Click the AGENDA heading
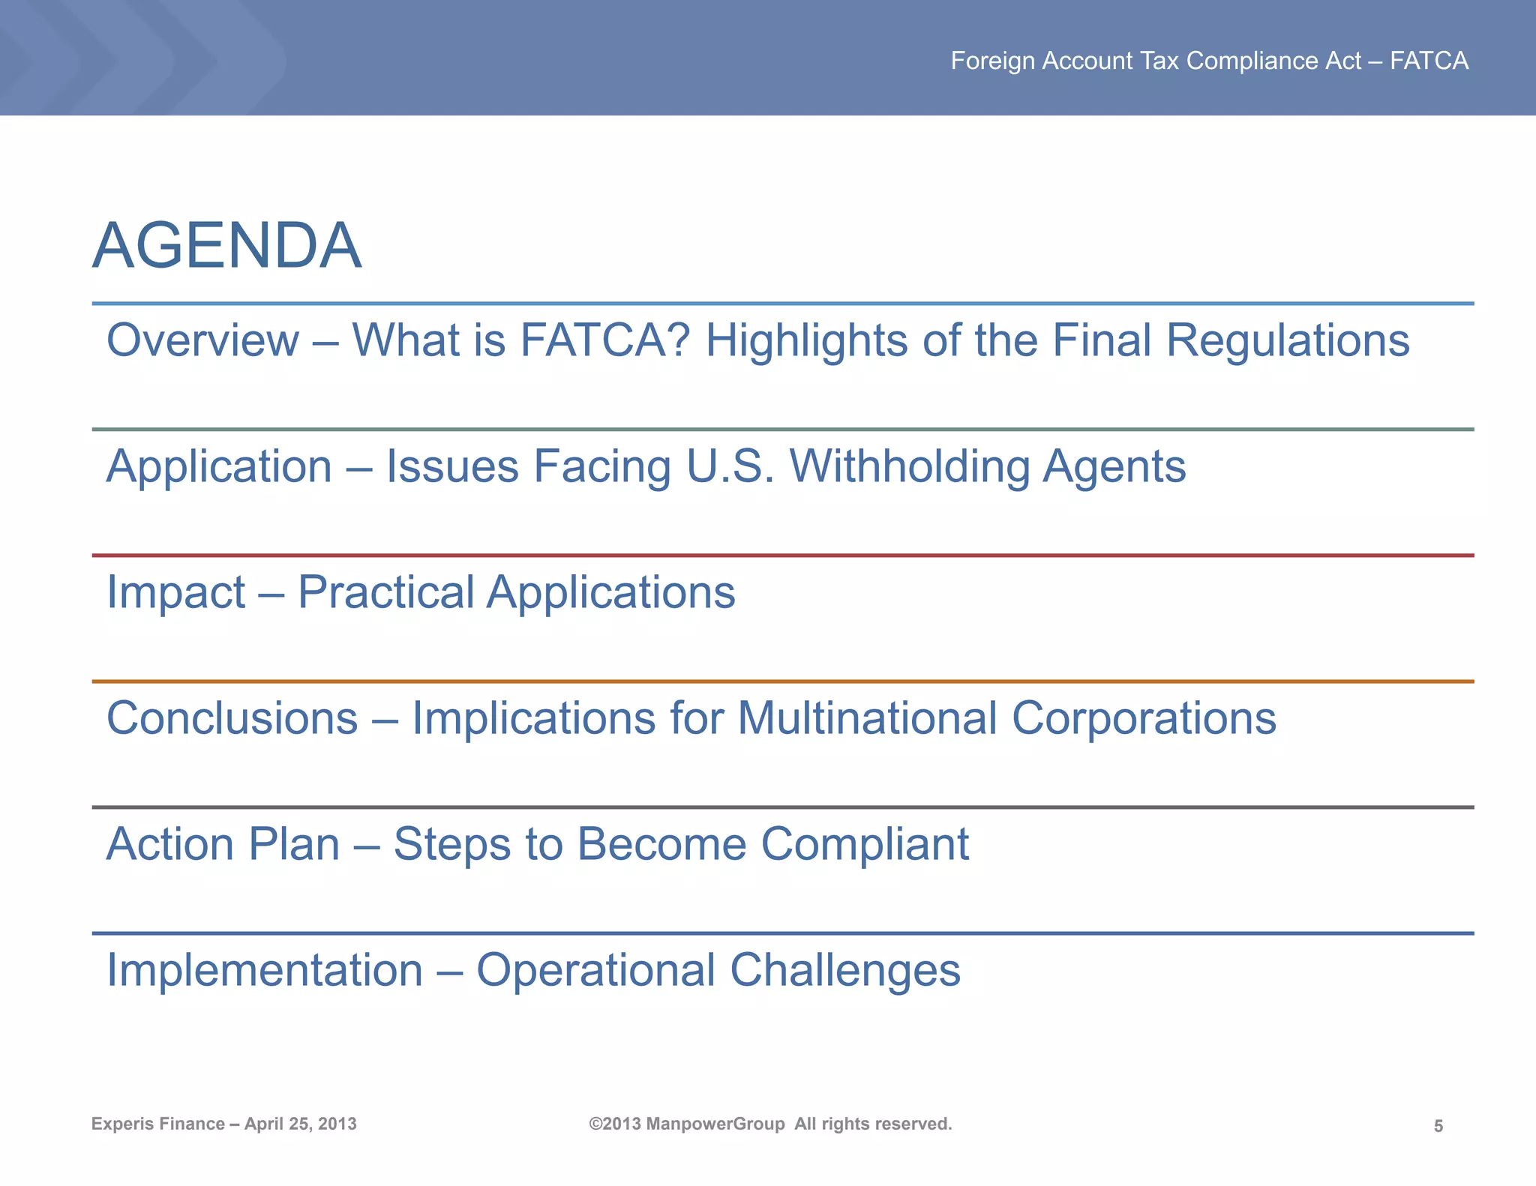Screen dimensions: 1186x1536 pyautogui.click(x=226, y=246)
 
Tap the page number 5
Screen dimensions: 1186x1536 pyautogui.click(x=1438, y=1126)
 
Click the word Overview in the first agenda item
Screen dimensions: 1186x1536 pyautogui.click(x=202, y=340)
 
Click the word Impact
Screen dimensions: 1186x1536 pyautogui.click(x=175, y=592)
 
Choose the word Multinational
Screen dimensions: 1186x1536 pyautogui.click(x=867, y=718)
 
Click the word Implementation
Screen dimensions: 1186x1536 pyautogui.click(x=265, y=970)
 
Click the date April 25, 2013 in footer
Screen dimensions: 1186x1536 pyautogui.click(x=301, y=1124)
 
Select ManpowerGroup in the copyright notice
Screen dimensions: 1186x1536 pyautogui.click(x=715, y=1124)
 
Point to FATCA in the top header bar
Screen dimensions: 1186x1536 pyautogui.click(x=1429, y=61)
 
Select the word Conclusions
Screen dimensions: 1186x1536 pyautogui.click(x=232, y=718)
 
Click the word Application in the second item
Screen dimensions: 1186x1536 pyautogui.click(x=219, y=466)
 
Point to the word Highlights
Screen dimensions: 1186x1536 pyautogui.click(x=807, y=340)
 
